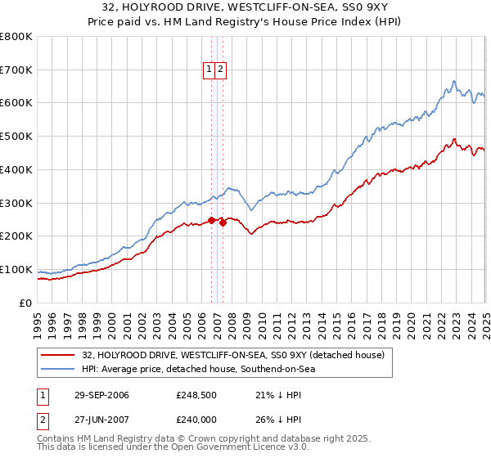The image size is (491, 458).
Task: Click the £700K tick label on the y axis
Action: (16, 70)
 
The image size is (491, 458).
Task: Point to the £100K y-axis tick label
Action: (16, 269)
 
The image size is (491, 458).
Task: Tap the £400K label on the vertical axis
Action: (16, 169)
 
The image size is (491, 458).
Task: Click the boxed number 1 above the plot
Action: (209, 70)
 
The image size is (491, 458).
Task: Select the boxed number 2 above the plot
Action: (221, 70)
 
